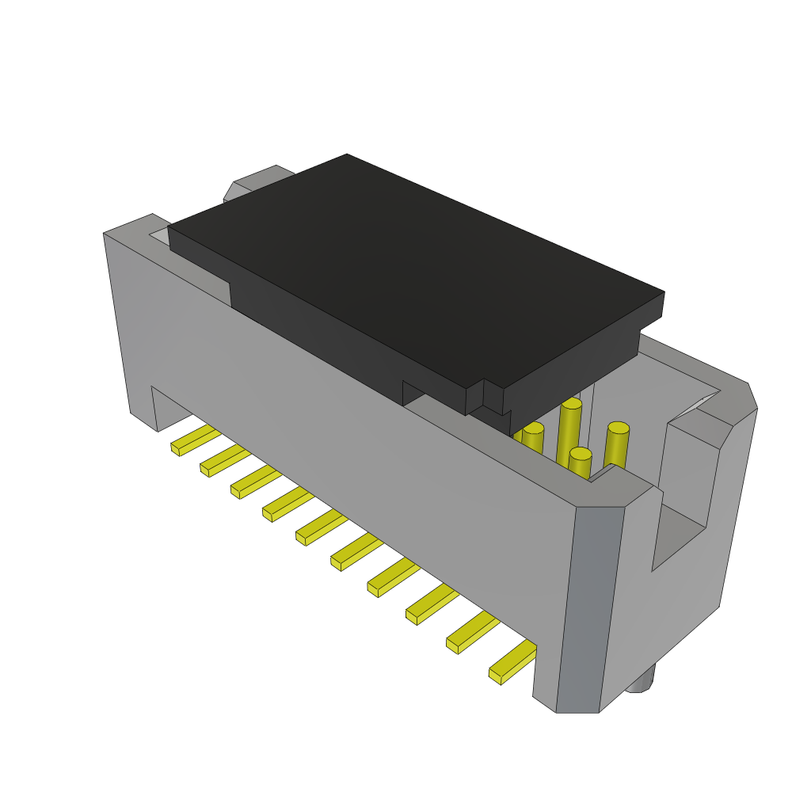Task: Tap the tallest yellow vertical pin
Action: pyautogui.click(x=569, y=432)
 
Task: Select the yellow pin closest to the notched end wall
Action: pyautogui.click(x=617, y=445)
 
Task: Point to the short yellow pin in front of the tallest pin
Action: pyautogui.click(x=580, y=463)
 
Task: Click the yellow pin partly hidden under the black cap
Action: pyautogui.click(x=532, y=438)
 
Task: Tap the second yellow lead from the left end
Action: pyautogui.click(x=223, y=461)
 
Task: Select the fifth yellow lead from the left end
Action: pyautogui.click(x=321, y=527)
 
